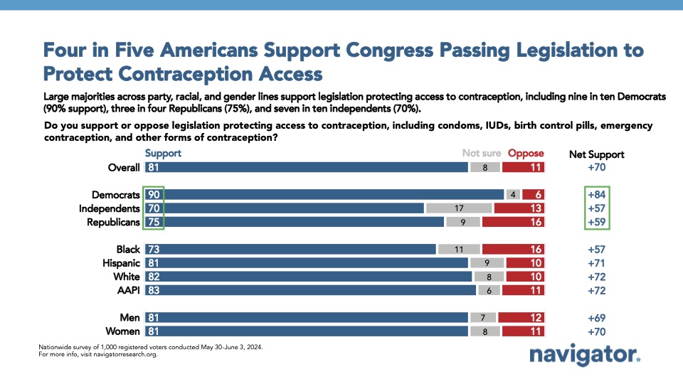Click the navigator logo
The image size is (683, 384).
tap(585, 355)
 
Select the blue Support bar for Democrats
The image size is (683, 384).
tap(324, 194)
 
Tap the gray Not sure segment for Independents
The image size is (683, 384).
tap(459, 208)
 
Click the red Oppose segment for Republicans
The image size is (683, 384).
tap(512, 222)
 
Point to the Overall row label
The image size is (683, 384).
tap(122, 167)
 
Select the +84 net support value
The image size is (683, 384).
tap(595, 194)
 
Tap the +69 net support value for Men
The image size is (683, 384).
tap(595, 318)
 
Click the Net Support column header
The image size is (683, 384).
tap(596, 154)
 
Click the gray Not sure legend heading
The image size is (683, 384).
tap(482, 153)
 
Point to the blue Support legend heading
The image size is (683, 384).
tap(163, 153)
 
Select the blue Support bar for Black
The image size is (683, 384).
tap(290, 250)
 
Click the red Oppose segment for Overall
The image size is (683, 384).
tap(523, 167)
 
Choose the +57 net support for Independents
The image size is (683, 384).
tap(595, 208)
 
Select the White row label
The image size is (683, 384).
tap(126, 277)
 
